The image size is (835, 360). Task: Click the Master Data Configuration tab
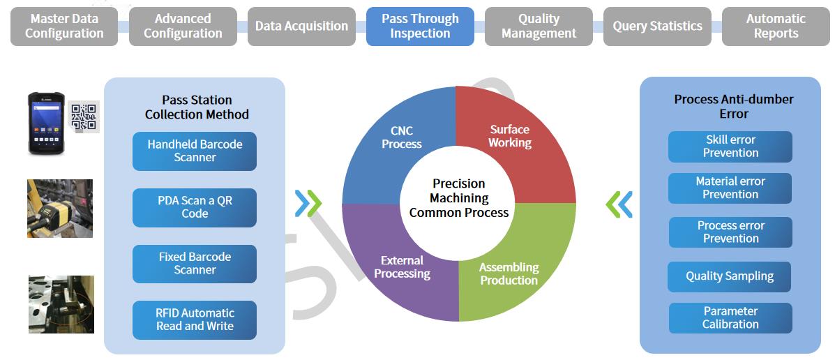pyautogui.click(x=64, y=26)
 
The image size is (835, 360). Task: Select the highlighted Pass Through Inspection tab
pyautogui.click(x=420, y=26)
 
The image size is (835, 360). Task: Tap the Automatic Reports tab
pyautogui.click(x=776, y=26)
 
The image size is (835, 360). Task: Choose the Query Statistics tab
pyautogui.click(x=657, y=26)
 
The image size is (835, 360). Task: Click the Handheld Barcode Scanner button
pyautogui.click(x=195, y=151)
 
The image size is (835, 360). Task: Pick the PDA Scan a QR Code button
pyautogui.click(x=195, y=208)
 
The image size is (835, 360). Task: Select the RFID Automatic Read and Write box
pyautogui.click(x=195, y=320)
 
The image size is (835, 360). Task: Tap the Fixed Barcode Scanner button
pyautogui.click(x=195, y=264)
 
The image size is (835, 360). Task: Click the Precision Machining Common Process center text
pyautogui.click(x=459, y=198)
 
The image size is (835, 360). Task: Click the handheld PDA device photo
pyautogui.click(x=46, y=123)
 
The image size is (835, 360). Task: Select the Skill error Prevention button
pyautogui.click(x=730, y=147)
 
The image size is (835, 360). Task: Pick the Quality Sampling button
pyautogui.click(x=730, y=276)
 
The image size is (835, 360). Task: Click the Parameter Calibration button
pyautogui.click(x=730, y=318)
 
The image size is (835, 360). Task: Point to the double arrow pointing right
pyautogui.click(x=308, y=204)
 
